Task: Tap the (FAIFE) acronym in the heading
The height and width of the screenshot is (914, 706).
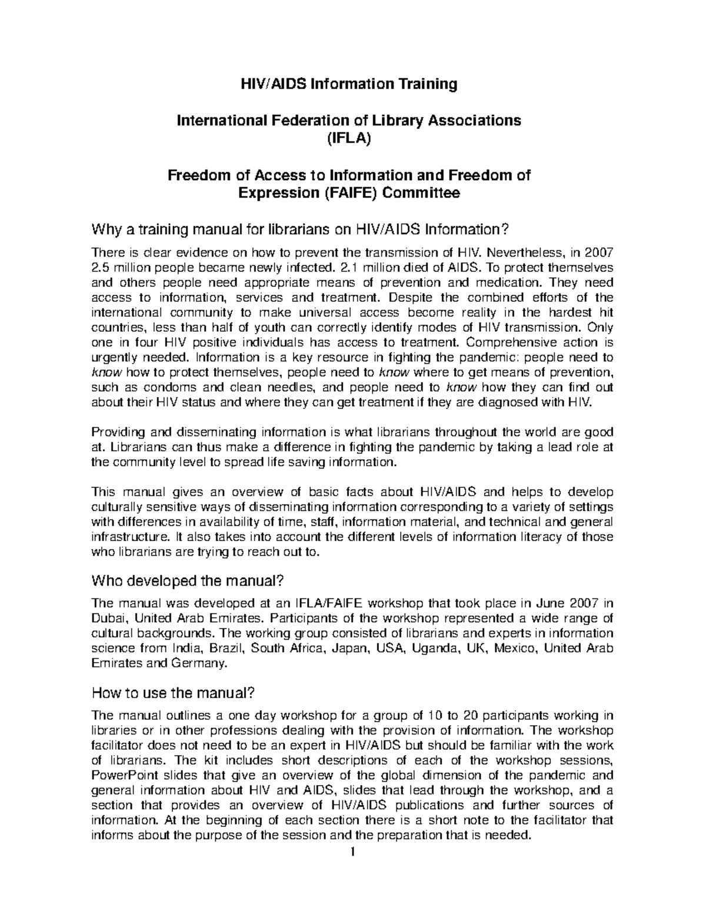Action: [x=351, y=193]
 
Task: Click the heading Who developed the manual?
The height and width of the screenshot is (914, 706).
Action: [x=188, y=581]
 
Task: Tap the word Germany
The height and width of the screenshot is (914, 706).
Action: [x=198, y=663]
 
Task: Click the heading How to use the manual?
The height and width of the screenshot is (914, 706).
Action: [x=173, y=693]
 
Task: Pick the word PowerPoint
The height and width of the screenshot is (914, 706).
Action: [x=121, y=775]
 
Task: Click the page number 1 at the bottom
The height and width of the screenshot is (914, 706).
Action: [x=352, y=852]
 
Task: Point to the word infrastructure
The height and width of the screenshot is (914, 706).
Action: [x=126, y=537]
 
